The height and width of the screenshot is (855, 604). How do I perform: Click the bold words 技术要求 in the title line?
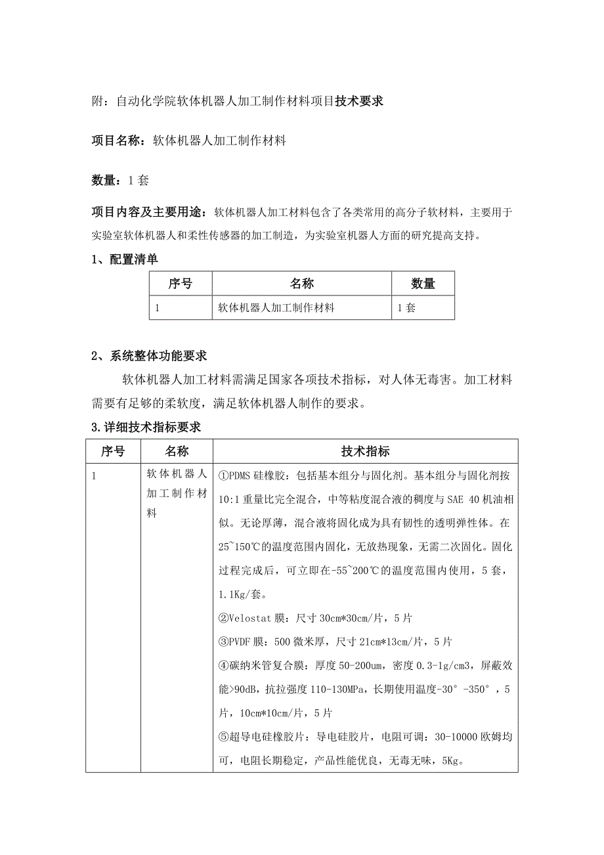click(359, 102)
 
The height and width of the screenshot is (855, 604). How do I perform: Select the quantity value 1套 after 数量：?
click(138, 179)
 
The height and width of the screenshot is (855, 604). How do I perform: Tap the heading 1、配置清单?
click(125, 259)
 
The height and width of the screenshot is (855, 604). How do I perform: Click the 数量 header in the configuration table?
click(423, 284)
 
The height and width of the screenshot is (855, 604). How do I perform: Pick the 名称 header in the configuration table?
click(302, 284)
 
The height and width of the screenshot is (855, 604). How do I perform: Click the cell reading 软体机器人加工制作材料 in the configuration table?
click(276, 307)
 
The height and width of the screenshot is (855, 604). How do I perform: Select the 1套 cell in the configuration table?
click(407, 307)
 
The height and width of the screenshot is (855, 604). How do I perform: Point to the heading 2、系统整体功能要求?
click(149, 356)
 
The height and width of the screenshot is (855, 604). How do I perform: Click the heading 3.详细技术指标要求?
click(146, 427)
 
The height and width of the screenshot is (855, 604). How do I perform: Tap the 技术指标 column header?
click(366, 451)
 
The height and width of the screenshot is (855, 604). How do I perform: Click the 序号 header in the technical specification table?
click(112, 451)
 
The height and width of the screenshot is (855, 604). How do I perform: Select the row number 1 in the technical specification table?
click(95, 475)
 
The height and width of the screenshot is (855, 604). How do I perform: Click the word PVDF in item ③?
click(241, 642)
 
